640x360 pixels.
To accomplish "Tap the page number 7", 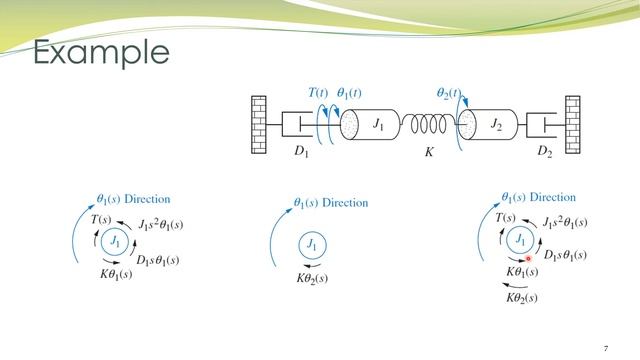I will coord(606,347).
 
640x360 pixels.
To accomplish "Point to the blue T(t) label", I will coord(319,92).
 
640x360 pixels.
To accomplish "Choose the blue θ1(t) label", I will coord(349,93).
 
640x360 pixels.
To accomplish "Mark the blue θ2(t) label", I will coord(449,93).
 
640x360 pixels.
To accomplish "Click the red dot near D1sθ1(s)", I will coord(528,258).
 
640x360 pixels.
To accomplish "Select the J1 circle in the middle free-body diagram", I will coord(311,244).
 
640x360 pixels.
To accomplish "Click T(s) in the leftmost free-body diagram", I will coord(101,218).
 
